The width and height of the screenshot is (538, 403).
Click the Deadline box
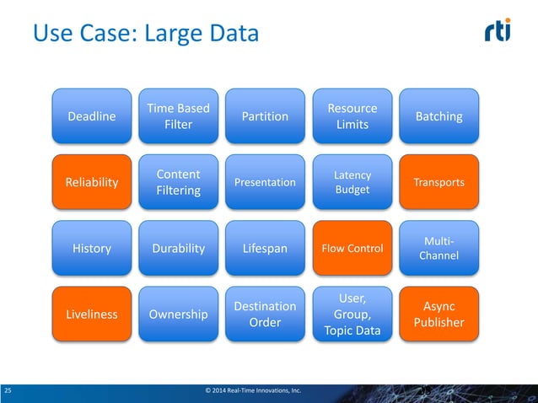coord(92,116)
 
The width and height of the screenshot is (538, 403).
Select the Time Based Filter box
coord(179,116)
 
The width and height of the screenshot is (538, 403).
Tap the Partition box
coord(266,116)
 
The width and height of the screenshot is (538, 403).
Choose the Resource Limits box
coord(352,116)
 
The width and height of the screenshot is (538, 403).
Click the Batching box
coord(439,116)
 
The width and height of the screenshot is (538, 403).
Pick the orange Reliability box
coord(92,182)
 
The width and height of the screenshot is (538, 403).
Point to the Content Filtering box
coord(179,182)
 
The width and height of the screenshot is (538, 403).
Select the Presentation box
coord(266,182)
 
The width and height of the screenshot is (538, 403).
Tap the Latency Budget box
coord(352,182)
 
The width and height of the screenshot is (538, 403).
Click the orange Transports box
coord(439,182)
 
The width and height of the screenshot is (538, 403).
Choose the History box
coord(92,248)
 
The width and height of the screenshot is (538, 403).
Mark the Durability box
coord(179,248)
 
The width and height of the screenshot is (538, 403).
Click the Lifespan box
coord(266,248)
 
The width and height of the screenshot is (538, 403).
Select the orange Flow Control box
coord(352,248)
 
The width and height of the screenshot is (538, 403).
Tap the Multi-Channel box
coord(439,248)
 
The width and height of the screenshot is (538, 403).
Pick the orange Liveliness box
coord(92,314)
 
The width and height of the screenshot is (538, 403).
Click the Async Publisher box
coord(439,314)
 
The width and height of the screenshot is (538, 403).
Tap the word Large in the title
coord(174,35)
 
